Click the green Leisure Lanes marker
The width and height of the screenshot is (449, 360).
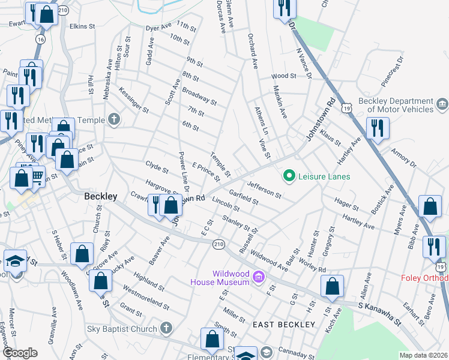click(x=289, y=176)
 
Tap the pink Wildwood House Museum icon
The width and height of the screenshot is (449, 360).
click(x=258, y=277)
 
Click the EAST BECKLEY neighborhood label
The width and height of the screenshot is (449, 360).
click(x=284, y=325)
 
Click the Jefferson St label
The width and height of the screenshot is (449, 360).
click(x=264, y=190)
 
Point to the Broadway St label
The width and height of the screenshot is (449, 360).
click(x=199, y=96)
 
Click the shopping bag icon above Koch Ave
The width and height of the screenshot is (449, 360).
click(x=332, y=287)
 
